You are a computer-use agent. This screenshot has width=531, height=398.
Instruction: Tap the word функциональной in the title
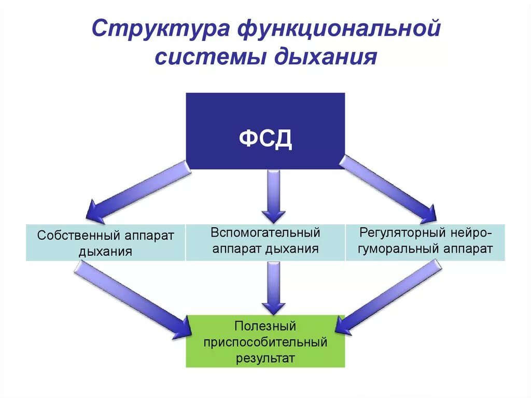coord(338,29)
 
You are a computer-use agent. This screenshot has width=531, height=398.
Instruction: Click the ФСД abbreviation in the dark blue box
coord(265,139)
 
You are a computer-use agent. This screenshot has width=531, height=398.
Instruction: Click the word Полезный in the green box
coord(265,326)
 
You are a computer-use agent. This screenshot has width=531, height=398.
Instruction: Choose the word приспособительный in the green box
coord(265,342)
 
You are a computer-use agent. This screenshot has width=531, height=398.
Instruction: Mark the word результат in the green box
coord(265,358)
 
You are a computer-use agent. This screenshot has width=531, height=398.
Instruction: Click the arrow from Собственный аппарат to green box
coord(133,300)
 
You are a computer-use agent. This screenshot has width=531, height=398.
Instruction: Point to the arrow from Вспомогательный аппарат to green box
coord(273,287)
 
